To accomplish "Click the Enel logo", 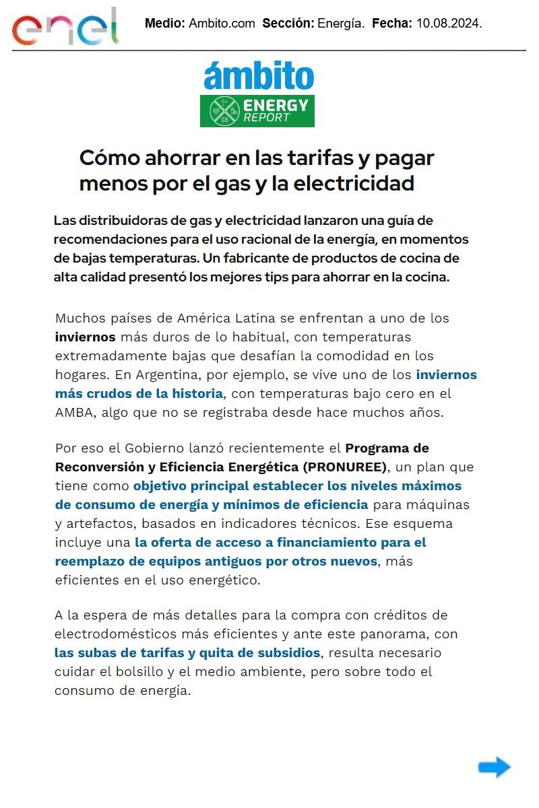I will pos(65,27).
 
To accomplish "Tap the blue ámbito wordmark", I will pos(259,76).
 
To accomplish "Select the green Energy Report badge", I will pos(257,111).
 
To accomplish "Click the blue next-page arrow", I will pos(495,767).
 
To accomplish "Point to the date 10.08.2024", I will pos(449,23).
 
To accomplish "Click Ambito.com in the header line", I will pos(222,23).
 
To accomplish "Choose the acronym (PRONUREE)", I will pos(344,467).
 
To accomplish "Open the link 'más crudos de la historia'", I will pos(139,393).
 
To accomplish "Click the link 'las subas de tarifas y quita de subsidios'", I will pos(187,652).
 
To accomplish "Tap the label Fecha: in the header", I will pos(391,23).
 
